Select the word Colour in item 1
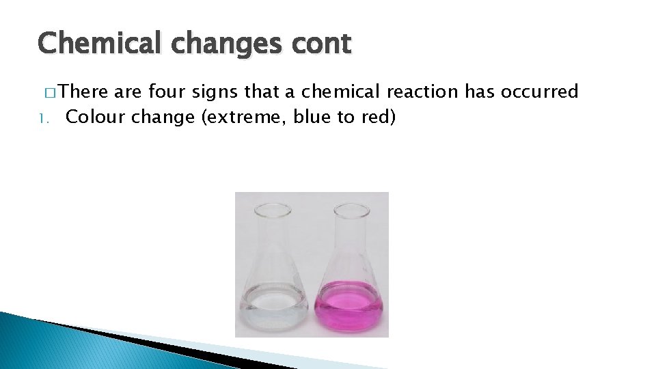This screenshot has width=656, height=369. coord(96,117)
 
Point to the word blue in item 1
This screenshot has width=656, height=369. coord(313,117)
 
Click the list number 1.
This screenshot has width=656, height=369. coord(43,118)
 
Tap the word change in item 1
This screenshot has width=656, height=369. coord(163,117)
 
